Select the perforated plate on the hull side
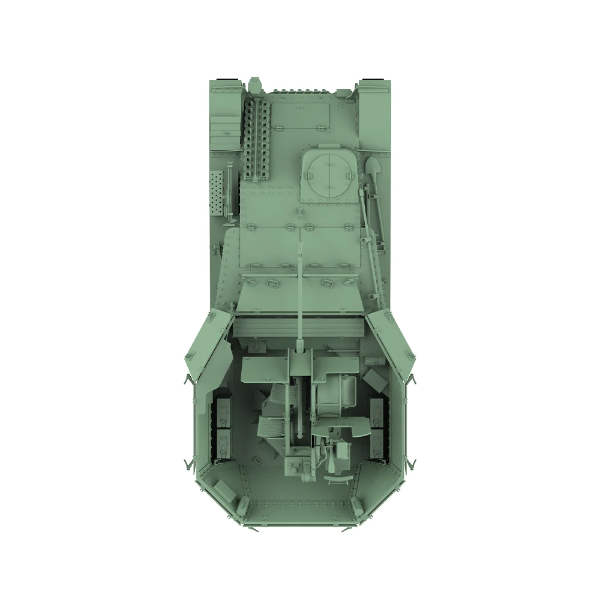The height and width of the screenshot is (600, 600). tap(217, 193)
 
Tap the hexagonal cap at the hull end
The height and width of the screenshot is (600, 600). tap(255, 83)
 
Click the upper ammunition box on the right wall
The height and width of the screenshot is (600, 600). tap(377, 411)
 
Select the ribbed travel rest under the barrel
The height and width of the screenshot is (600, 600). tap(298, 327)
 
